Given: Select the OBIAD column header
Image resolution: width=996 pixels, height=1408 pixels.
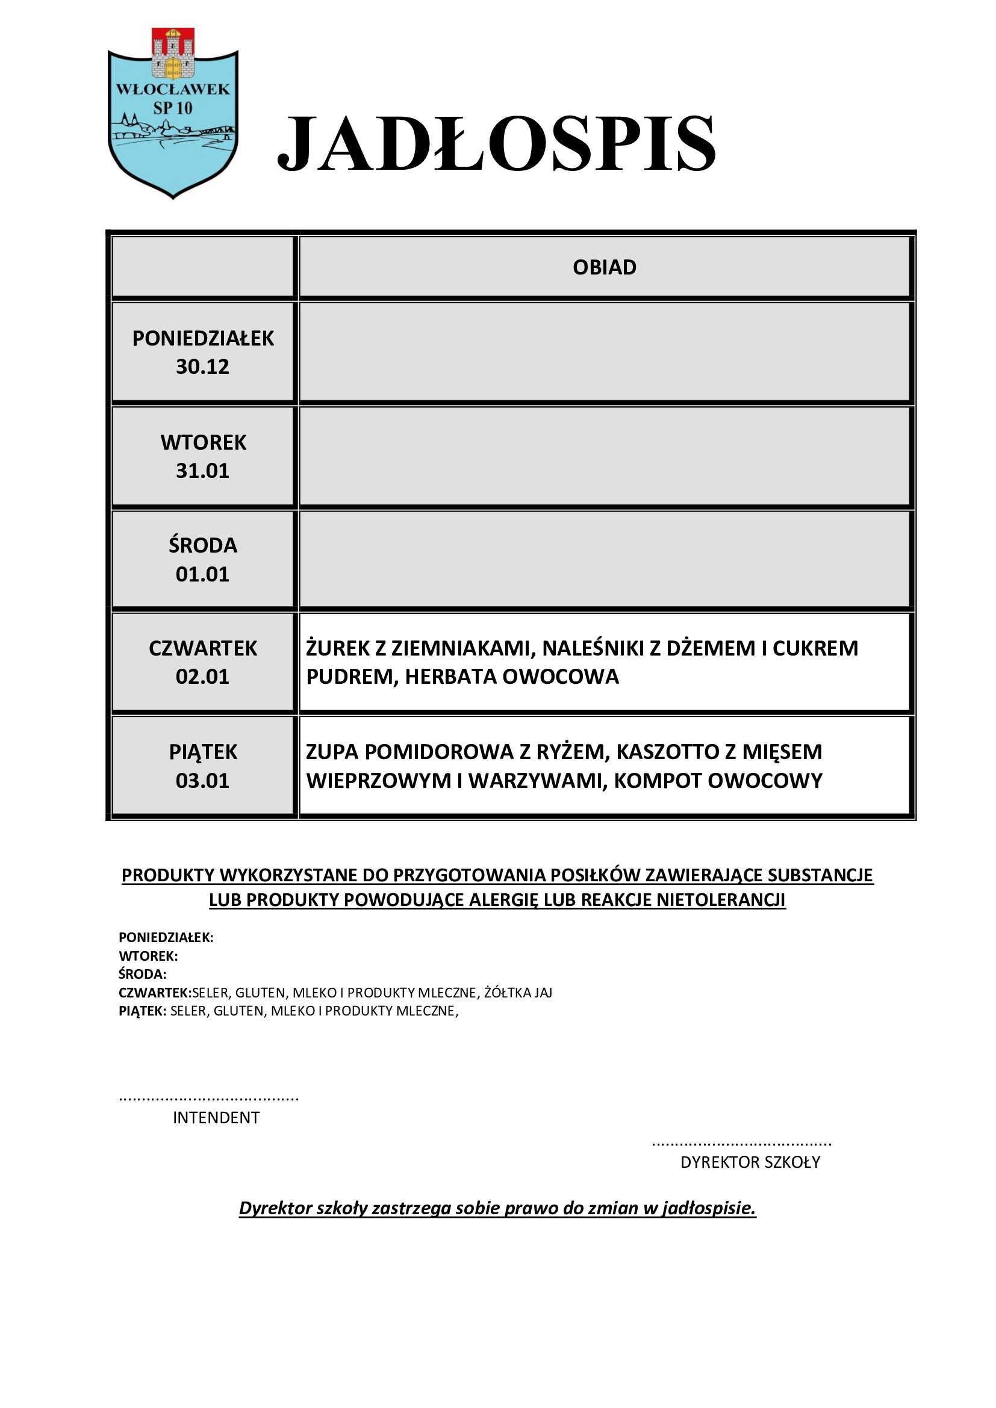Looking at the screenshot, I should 604,267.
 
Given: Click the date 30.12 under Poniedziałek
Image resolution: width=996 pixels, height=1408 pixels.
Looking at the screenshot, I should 202,367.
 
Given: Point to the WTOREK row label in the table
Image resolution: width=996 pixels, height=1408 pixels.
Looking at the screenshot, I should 203,442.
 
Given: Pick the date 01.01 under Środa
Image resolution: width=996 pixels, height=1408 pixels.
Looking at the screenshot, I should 202,575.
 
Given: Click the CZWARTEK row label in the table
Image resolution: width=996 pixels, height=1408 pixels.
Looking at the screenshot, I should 203,648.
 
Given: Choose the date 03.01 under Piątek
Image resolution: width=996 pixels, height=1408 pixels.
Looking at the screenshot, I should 202,781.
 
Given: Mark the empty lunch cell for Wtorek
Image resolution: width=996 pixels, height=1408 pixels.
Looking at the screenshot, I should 604,456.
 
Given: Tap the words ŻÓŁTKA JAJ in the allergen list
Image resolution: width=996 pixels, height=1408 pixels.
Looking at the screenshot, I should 518,993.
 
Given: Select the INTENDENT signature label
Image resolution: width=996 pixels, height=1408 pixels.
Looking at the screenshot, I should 216,1118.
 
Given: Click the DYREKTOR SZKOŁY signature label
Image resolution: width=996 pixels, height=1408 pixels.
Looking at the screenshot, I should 750,1162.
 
